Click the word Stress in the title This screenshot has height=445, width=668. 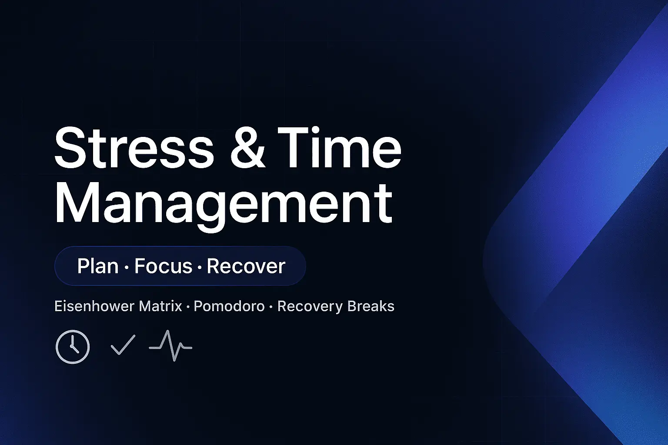pos(134,148)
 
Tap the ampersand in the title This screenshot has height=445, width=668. pos(247,148)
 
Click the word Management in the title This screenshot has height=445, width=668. pos(224,203)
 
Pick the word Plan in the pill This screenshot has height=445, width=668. pos(98,266)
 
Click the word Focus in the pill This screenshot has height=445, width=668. pos(163,266)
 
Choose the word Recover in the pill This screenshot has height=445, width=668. pos(246,266)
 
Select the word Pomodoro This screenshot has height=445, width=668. pos(229,306)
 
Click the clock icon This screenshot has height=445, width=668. pos(73,347)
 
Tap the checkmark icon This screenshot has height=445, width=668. pos(123,345)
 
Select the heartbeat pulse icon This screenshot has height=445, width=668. pos(170,346)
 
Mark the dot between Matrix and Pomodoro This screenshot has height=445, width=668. pos(188,307)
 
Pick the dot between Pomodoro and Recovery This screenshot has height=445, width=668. pos(271,307)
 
